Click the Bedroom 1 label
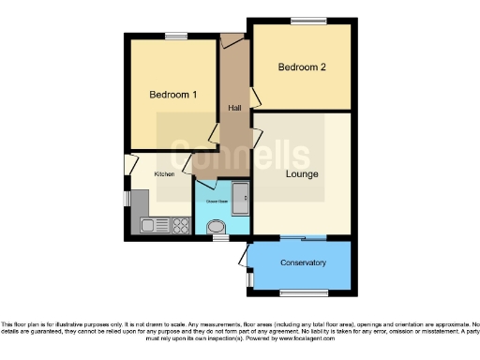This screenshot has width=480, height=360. pyautogui.click(x=173, y=95)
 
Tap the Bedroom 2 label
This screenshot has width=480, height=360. pyautogui.click(x=303, y=67)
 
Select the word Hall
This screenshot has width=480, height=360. pyautogui.click(x=234, y=110)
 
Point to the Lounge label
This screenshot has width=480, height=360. pyautogui.click(x=303, y=174)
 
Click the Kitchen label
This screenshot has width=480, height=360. pyautogui.click(x=164, y=173)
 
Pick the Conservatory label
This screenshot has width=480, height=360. pyautogui.click(x=303, y=262)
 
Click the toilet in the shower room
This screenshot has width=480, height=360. pyautogui.click(x=216, y=226)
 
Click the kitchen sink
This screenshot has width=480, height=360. pyautogui.click(x=149, y=224)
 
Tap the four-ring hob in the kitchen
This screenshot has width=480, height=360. pyautogui.click(x=174, y=224)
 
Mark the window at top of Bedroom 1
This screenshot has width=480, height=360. pyautogui.click(x=175, y=36)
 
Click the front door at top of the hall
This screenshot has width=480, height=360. pyautogui.click(x=232, y=38)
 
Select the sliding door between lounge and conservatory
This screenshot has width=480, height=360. pyautogui.click(x=303, y=236)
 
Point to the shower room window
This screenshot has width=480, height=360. pyautogui.click(x=221, y=238)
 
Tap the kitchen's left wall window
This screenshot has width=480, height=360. pyautogui.click(x=127, y=199)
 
